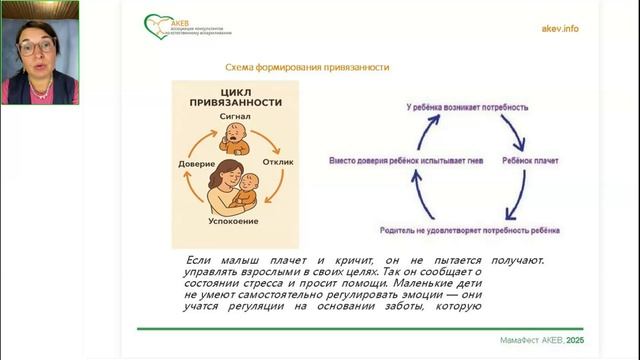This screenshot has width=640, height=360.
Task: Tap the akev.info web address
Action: click(558, 28)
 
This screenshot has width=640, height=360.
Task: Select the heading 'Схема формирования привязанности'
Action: click(306, 67)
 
